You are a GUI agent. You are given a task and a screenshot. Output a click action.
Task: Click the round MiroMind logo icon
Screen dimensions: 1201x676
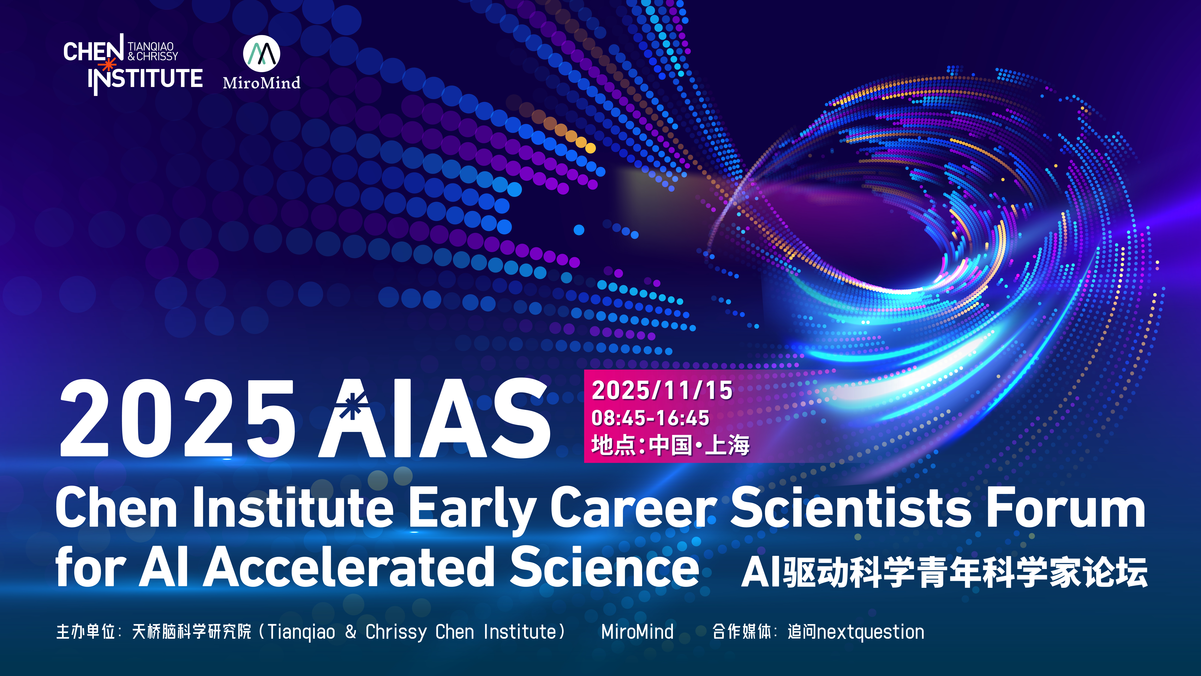pyautogui.click(x=262, y=53)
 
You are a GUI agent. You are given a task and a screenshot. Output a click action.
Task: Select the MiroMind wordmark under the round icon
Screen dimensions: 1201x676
pyautogui.click(x=262, y=83)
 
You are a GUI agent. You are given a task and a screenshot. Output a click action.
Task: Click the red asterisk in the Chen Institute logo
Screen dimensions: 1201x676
pyautogui.click(x=108, y=65)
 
